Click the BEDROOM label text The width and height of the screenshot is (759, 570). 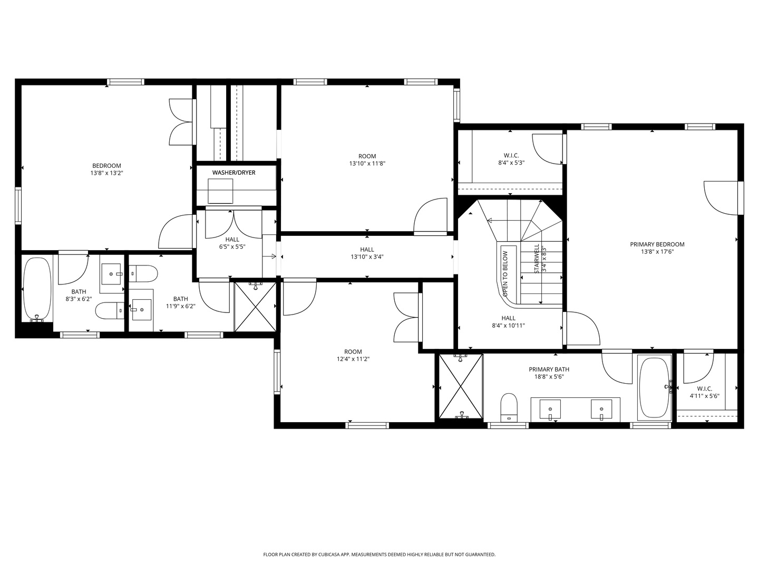coord(106,166)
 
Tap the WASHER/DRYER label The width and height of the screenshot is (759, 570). coord(233,173)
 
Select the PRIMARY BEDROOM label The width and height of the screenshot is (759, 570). coord(657,244)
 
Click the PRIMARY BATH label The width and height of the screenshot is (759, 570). coord(549,369)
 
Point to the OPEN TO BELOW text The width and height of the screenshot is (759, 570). coord(505,274)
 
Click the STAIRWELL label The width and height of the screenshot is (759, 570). coord(537,259)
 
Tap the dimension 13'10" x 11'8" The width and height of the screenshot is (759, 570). coord(367,164)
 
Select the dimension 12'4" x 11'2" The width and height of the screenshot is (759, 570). coord(353,359)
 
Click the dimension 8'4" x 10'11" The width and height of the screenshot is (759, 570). coord(508,325)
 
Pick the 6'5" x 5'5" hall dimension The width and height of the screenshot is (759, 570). coord(232,247)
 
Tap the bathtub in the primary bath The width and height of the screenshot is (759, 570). coord(654,387)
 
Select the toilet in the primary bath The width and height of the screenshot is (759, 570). coord(509,407)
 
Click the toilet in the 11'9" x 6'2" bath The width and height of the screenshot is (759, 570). coord(143,273)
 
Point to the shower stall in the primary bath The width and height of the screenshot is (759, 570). coord(461,386)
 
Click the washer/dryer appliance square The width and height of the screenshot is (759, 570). coord(220,191)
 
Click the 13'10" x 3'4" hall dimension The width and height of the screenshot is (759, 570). coord(367,257)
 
